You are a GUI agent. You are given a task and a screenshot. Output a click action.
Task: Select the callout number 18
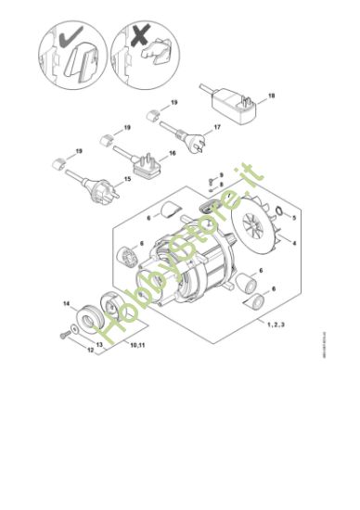pos(272,95)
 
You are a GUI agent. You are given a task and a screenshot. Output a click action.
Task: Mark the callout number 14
pos(66,303)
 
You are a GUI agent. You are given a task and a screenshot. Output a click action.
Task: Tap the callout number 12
pos(64,351)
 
